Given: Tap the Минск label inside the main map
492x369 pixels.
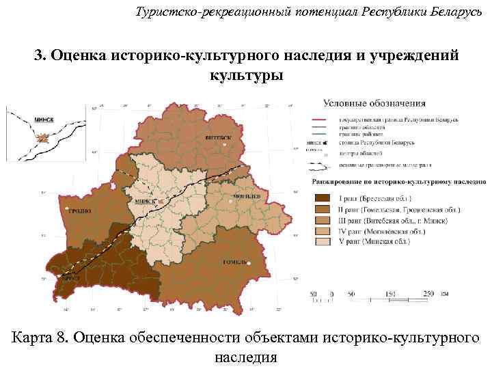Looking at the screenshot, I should click(x=146, y=202).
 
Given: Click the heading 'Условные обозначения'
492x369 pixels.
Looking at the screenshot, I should click(x=373, y=104).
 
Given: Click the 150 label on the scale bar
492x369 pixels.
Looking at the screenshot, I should click(x=390, y=293).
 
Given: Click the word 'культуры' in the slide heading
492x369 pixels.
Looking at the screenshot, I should click(x=246, y=74).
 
